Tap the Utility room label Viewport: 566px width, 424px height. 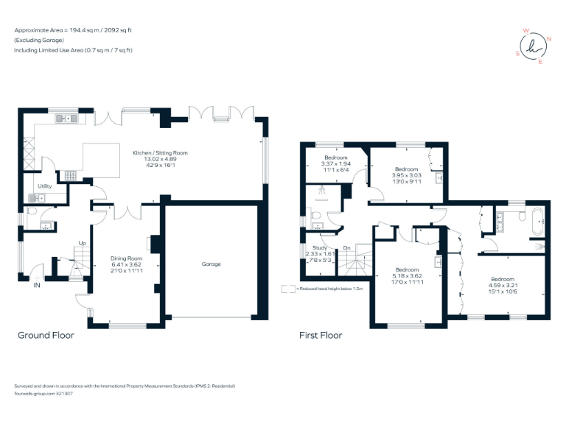tap(45, 186)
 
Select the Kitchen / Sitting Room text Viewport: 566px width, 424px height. tap(160, 153)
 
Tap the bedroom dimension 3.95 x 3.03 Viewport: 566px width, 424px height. tap(406, 175)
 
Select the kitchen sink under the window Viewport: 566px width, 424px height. tap(64, 117)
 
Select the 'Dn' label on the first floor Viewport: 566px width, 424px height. tap(346, 248)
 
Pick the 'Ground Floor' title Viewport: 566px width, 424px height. tap(46, 335)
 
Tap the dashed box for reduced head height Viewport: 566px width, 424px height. tap(288, 289)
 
